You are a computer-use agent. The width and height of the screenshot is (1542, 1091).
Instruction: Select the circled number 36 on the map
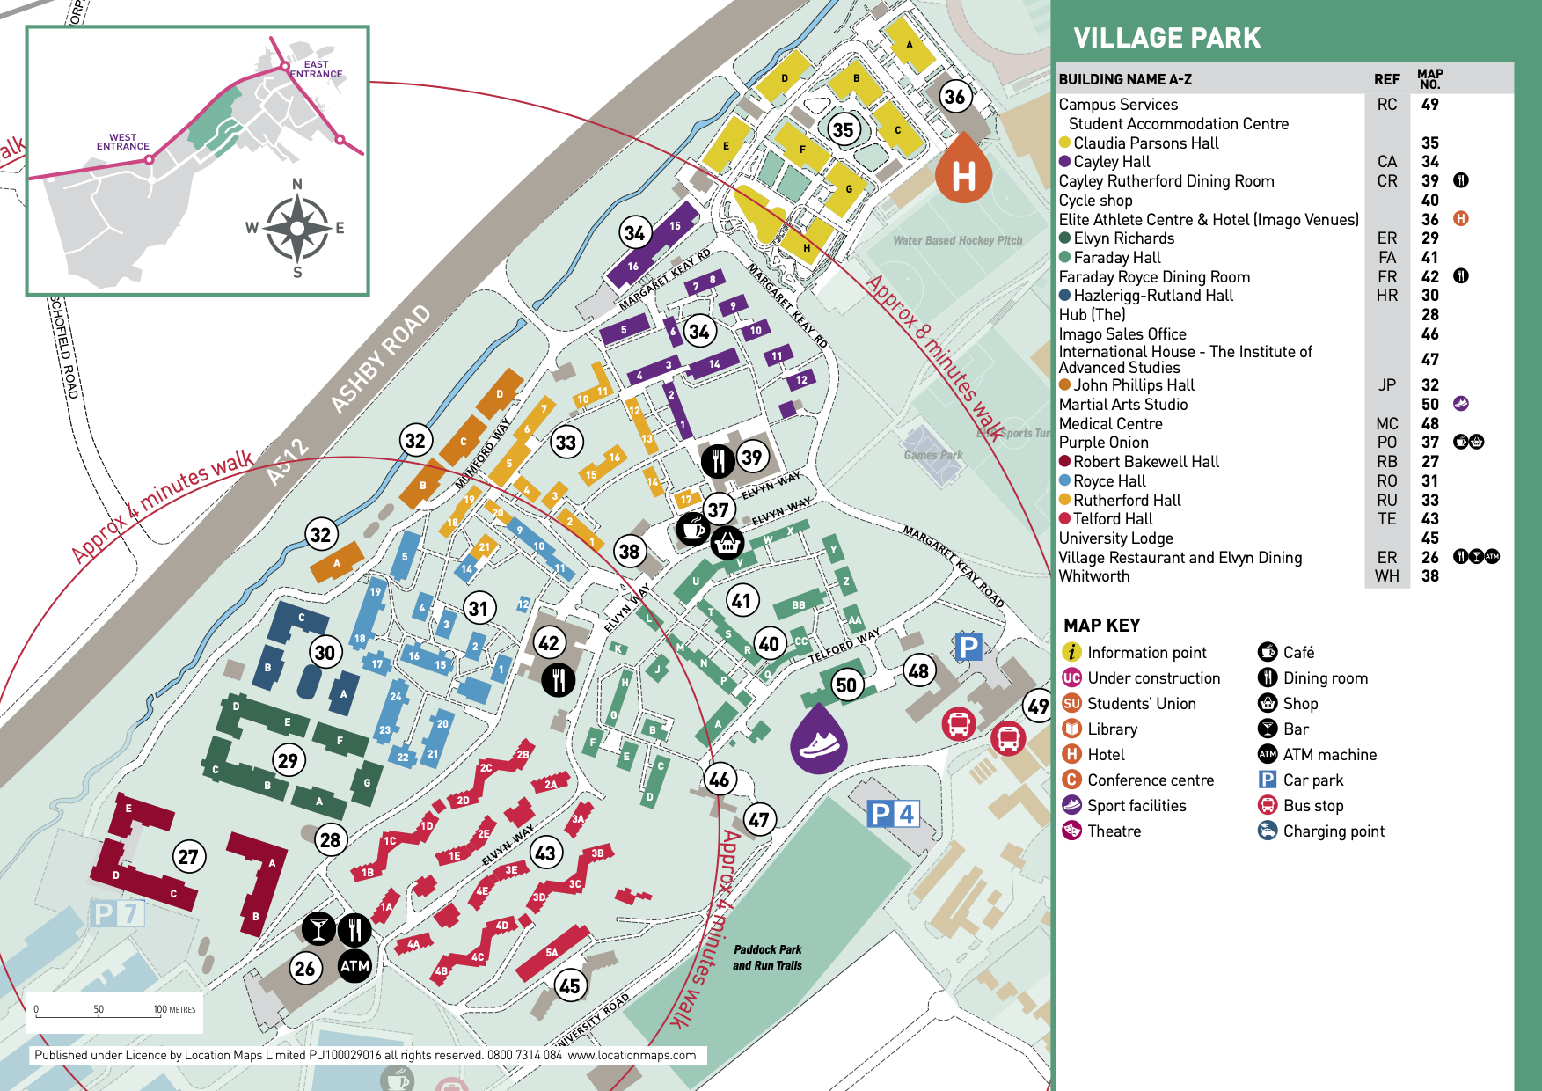click(x=955, y=97)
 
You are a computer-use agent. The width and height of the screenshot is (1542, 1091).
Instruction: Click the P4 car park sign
click(x=894, y=814)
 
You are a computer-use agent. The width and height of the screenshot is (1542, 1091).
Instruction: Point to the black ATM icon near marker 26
click(x=354, y=966)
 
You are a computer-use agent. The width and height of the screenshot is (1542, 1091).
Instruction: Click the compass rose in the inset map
click(x=297, y=228)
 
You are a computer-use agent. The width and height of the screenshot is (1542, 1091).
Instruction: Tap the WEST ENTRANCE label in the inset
click(x=123, y=142)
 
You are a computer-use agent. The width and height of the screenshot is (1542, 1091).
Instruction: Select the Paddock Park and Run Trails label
click(x=767, y=957)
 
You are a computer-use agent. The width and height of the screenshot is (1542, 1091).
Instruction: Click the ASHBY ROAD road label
click(x=381, y=358)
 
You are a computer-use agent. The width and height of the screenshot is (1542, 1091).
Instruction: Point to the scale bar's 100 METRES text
click(x=174, y=1009)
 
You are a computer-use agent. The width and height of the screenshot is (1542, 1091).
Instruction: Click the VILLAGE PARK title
click(x=1166, y=38)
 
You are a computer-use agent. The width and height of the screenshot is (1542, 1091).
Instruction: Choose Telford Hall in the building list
click(x=1113, y=519)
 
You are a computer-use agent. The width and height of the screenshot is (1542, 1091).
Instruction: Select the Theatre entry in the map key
click(x=1114, y=831)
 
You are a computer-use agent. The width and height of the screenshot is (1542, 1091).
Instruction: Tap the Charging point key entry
click(x=1333, y=831)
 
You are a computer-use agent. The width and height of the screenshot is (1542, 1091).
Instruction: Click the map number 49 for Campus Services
click(x=1429, y=104)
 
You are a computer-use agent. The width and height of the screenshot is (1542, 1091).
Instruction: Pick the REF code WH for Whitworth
click(x=1386, y=576)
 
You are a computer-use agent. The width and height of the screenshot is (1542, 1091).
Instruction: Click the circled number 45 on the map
click(x=570, y=985)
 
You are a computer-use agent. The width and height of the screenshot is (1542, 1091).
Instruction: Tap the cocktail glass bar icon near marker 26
click(x=318, y=928)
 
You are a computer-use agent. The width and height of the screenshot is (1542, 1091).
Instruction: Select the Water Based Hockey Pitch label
click(x=957, y=240)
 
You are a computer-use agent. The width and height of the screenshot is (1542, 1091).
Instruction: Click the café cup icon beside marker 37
click(x=693, y=529)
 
